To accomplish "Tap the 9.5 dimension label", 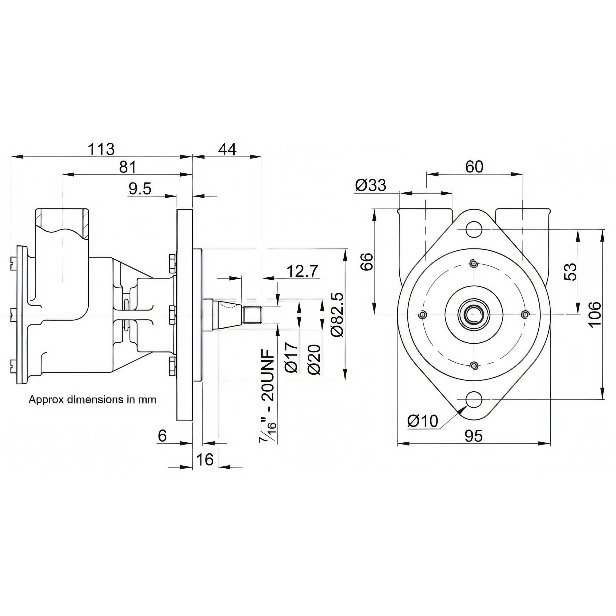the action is [140, 189].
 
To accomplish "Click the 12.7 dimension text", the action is [302, 271].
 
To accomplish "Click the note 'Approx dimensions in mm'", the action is [92, 400].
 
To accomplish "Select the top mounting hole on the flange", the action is [474, 229].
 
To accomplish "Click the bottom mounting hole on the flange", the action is [474, 399].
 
